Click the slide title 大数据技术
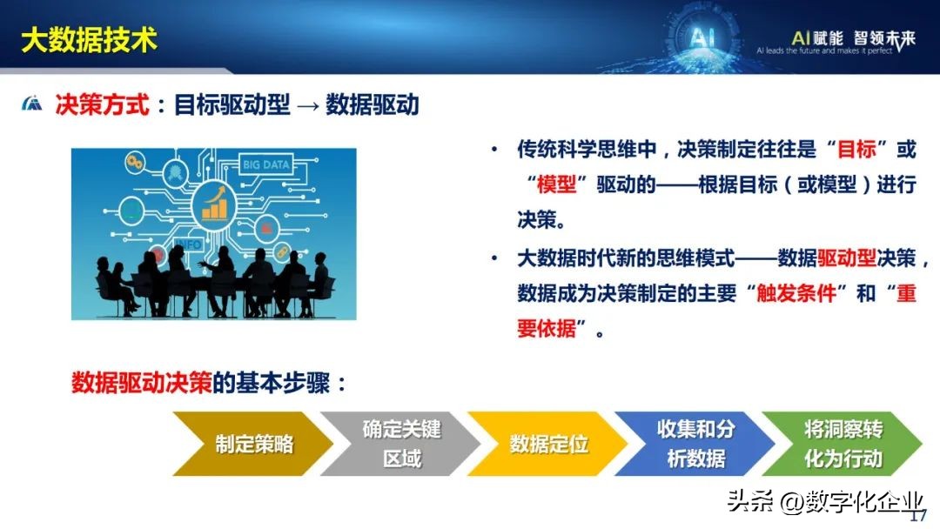click(x=89, y=40)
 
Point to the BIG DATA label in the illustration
click(x=265, y=164)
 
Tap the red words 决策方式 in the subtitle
click(x=102, y=104)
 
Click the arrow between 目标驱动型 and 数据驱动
click(x=308, y=106)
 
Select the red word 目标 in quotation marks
click(x=856, y=149)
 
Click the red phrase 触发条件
click(x=796, y=293)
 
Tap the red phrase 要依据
click(x=547, y=328)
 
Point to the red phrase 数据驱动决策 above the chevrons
click(x=142, y=383)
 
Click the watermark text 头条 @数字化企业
click(x=825, y=501)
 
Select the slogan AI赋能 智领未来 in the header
click(x=853, y=38)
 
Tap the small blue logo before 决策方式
click(x=32, y=104)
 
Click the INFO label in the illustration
click(x=188, y=244)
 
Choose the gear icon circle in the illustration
click(x=135, y=162)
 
